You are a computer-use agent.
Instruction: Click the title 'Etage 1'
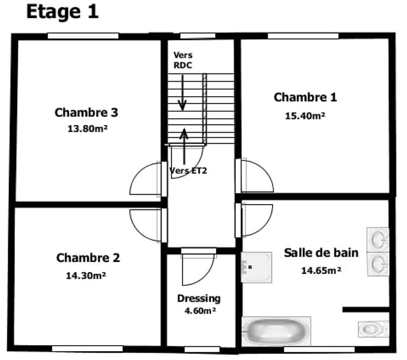[62, 12]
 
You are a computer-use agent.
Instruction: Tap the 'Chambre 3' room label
[86, 112]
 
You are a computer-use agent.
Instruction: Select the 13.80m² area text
[87, 128]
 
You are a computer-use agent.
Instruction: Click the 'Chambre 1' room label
[305, 97]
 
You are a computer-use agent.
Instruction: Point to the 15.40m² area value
[305, 116]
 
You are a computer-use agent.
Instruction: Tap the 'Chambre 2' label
[88, 258]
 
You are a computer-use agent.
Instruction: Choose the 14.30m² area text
[86, 275]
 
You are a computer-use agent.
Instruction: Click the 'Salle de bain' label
[321, 253]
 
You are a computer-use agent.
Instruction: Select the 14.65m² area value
[321, 270]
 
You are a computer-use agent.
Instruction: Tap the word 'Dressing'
[199, 299]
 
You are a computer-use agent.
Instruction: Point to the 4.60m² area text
[200, 310]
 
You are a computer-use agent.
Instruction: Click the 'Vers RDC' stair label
[183, 60]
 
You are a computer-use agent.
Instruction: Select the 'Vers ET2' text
[188, 170]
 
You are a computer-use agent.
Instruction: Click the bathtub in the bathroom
[276, 331]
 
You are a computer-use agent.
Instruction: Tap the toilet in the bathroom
[373, 329]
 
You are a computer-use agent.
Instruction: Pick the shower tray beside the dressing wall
[257, 267]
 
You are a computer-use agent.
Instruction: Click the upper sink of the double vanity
[378, 239]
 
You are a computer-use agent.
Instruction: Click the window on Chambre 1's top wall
[303, 36]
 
